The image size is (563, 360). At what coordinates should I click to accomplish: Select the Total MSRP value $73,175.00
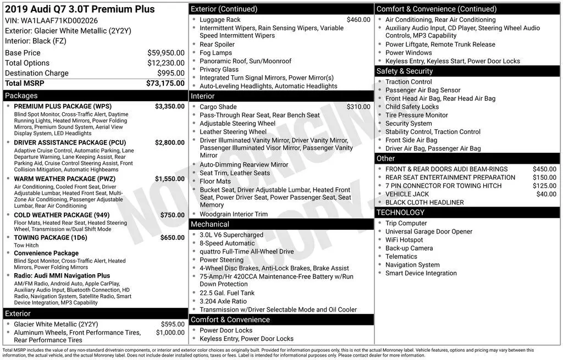(165, 84)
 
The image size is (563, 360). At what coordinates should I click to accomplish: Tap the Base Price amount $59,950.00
(165, 53)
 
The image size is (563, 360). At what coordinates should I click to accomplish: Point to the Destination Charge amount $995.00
(170, 73)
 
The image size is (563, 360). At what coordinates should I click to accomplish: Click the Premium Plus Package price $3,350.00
(169, 106)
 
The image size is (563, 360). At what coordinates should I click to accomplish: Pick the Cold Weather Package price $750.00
(172, 215)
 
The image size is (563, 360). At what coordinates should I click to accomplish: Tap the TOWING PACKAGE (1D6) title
(51, 238)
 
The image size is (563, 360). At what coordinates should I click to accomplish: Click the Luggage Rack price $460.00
(358, 20)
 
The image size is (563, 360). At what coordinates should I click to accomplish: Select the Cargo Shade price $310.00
(358, 107)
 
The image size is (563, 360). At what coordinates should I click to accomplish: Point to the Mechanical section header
(209, 224)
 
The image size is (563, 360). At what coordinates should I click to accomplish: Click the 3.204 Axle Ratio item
(223, 301)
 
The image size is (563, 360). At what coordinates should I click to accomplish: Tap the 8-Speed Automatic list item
(227, 243)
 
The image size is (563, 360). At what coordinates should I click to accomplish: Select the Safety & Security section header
(405, 71)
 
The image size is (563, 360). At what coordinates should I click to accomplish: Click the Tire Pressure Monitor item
(417, 115)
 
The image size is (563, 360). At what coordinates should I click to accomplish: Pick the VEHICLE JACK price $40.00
(546, 194)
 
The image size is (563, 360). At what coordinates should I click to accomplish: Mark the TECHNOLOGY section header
(401, 213)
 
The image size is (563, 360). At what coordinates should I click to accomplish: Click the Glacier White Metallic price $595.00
(173, 324)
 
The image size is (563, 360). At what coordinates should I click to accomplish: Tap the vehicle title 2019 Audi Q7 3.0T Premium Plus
(80, 9)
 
